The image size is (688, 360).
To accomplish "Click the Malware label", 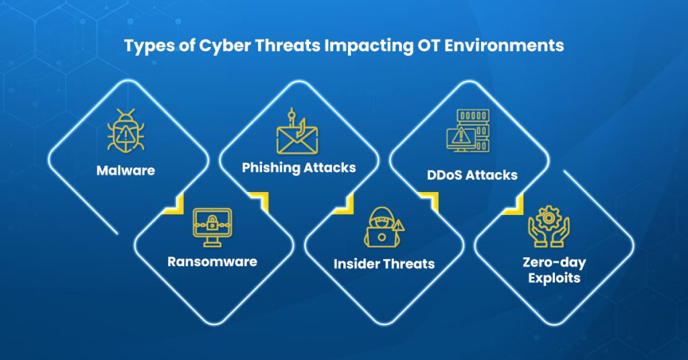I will click(x=126, y=171).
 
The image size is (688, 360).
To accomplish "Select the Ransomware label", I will click(x=212, y=261).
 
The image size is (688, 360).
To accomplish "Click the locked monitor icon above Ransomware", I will click(x=212, y=224).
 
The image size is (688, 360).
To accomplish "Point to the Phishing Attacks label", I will click(x=299, y=167).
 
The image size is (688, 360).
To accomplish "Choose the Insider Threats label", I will click(x=384, y=264).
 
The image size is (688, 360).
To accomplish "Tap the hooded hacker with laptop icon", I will click(x=384, y=226).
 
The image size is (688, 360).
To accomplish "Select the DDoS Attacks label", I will click(x=472, y=175).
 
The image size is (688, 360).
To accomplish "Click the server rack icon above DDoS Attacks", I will click(x=468, y=131).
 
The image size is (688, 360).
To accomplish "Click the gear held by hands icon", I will click(x=548, y=224).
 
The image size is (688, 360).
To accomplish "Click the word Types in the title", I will click(x=144, y=48).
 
